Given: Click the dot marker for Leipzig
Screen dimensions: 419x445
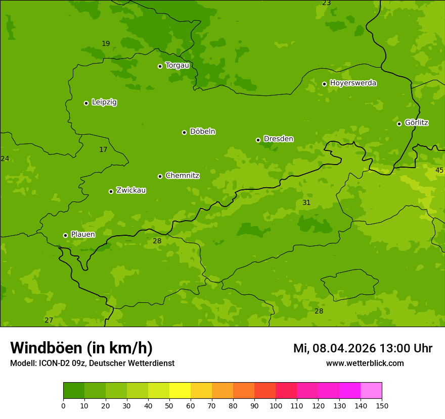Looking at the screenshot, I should click(x=86, y=103).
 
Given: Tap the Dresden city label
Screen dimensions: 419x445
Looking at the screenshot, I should click(x=278, y=139).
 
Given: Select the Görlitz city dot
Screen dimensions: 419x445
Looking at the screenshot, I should click(x=399, y=124).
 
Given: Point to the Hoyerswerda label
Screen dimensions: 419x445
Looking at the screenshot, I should click(x=353, y=83).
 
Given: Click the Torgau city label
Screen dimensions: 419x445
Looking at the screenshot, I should click(x=177, y=66).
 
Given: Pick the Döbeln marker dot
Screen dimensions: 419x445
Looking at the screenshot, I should click(x=184, y=132).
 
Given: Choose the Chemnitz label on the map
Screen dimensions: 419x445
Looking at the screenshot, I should click(x=182, y=176).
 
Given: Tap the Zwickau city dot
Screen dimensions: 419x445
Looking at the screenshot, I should click(x=111, y=191).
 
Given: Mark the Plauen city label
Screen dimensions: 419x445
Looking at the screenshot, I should click(x=83, y=235).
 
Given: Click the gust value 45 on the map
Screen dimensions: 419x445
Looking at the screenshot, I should click(x=439, y=170).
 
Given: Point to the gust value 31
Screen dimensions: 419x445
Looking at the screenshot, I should click(x=306, y=202).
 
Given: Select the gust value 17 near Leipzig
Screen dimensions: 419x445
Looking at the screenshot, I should click(x=103, y=149).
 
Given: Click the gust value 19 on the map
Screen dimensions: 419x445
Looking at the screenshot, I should click(x=106, y=43).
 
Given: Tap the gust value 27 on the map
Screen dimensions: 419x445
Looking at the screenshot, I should click(x=49, y=320).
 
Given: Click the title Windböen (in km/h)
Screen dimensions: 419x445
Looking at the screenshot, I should click(x=81, y=348).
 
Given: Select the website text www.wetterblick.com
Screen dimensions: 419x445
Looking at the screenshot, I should click(x=365, y=363).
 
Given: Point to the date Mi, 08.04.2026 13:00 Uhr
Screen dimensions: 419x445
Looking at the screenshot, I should click(x=363, y=348).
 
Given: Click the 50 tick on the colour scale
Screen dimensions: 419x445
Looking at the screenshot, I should click(x=169, y=405).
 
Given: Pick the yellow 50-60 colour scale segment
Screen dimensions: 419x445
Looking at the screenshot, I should click(x=180, y=391).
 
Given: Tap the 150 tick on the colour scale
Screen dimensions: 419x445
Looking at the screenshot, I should click(x=382, y=405).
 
